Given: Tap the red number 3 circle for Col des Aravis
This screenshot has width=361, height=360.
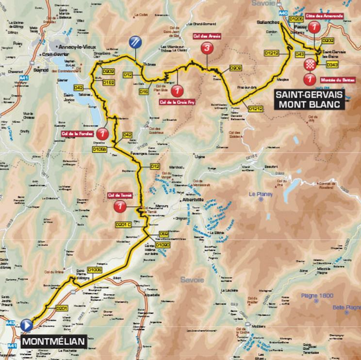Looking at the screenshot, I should [x=207, y=48].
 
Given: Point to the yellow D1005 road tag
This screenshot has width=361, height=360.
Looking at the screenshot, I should [x=96, y=269].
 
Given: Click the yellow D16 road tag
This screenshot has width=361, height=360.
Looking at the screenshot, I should [x=143, y=91].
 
